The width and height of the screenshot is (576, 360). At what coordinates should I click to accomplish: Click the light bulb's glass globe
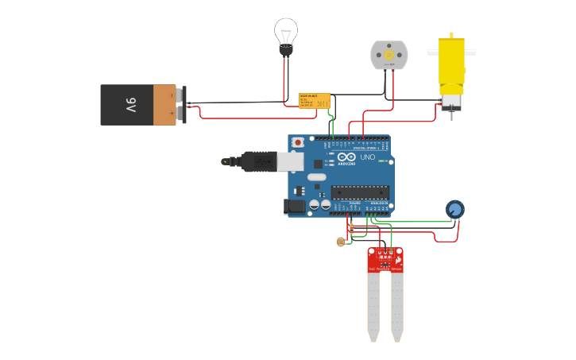click(285, 32)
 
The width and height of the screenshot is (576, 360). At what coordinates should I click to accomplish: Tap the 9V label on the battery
click(130, 105)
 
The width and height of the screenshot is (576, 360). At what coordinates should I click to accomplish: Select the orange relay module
click(314, 100)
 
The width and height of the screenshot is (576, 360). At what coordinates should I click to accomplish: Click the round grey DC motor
click(389, 55)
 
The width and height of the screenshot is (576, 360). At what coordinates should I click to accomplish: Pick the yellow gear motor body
click(451, 68)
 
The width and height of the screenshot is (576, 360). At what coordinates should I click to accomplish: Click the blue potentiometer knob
click(454, 210)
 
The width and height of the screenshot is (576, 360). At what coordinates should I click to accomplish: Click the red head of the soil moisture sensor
click(385, 260)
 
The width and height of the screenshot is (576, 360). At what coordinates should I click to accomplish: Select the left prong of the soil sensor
click(373, 306)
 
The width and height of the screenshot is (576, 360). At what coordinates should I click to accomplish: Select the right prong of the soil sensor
click(396, 306)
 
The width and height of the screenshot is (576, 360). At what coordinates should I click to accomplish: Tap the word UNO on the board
click(367, 157)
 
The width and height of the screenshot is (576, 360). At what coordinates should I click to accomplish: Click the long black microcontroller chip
click(360, 192)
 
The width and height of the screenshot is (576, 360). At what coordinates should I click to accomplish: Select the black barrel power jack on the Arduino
click(295, 206)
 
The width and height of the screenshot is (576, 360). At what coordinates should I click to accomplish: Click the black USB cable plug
click(258, 161)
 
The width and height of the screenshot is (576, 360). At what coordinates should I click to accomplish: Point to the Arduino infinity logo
click(346, 156)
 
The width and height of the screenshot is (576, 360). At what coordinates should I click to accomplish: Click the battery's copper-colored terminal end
click(164, 105)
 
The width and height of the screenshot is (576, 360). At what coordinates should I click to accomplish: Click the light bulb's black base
click(285, 50)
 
